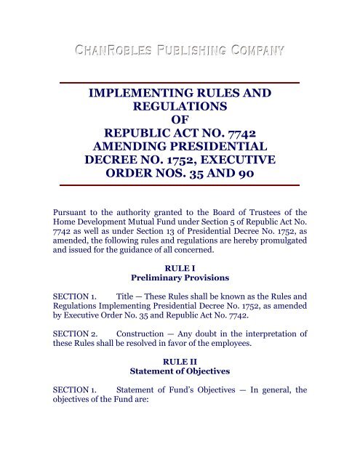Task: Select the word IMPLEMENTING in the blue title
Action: (138, 93)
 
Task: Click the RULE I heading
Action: (179, 286)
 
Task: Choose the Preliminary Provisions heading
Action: (179, 297)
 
